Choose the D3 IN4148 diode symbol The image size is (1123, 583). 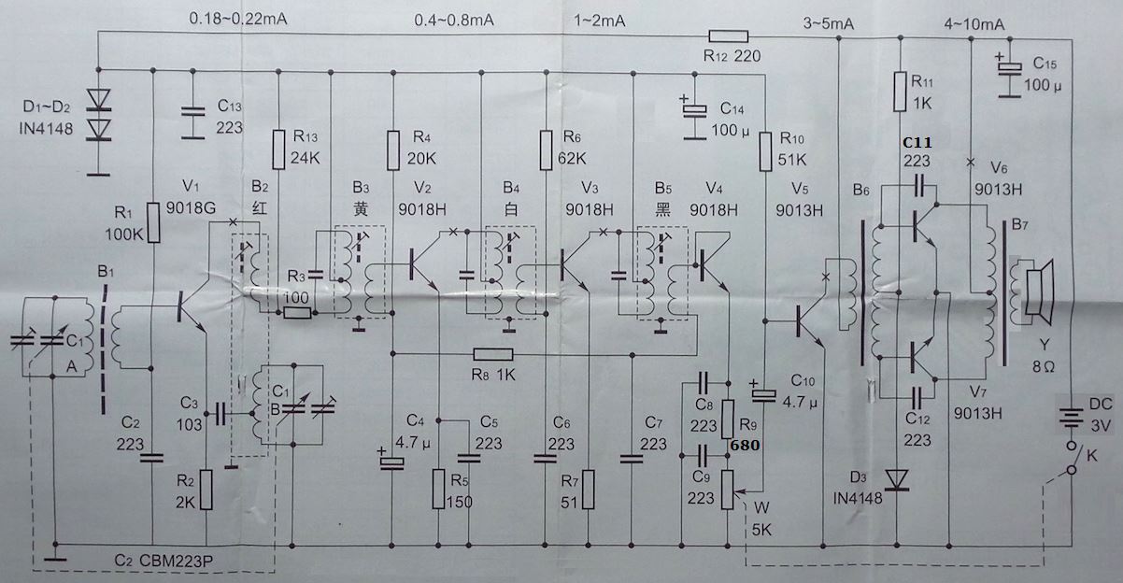tap(898, 478)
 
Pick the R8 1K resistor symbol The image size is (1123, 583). tap(492, 354)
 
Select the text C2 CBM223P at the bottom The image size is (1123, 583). tap(164, 560)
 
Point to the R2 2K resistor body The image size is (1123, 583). tap(206, 489)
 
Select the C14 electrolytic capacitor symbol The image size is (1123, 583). tap(692, 110)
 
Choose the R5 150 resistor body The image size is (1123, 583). tap(438, 489)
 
